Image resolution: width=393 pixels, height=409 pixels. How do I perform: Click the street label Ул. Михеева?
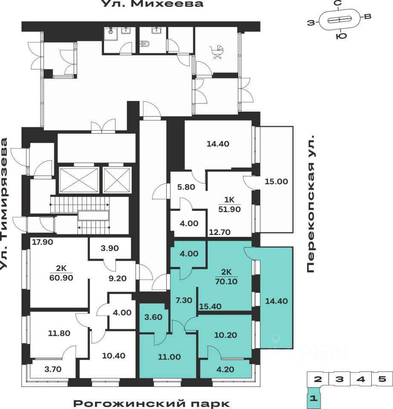pos(152,4)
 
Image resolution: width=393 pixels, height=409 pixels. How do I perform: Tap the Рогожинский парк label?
pos(151,403)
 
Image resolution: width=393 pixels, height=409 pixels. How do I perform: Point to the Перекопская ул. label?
pos(311,204)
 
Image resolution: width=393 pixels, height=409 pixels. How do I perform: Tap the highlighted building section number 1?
pos(314,399)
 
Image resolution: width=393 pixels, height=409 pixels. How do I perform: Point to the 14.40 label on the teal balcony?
pos(276,301)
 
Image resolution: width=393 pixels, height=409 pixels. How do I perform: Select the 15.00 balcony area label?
pos(276,181)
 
